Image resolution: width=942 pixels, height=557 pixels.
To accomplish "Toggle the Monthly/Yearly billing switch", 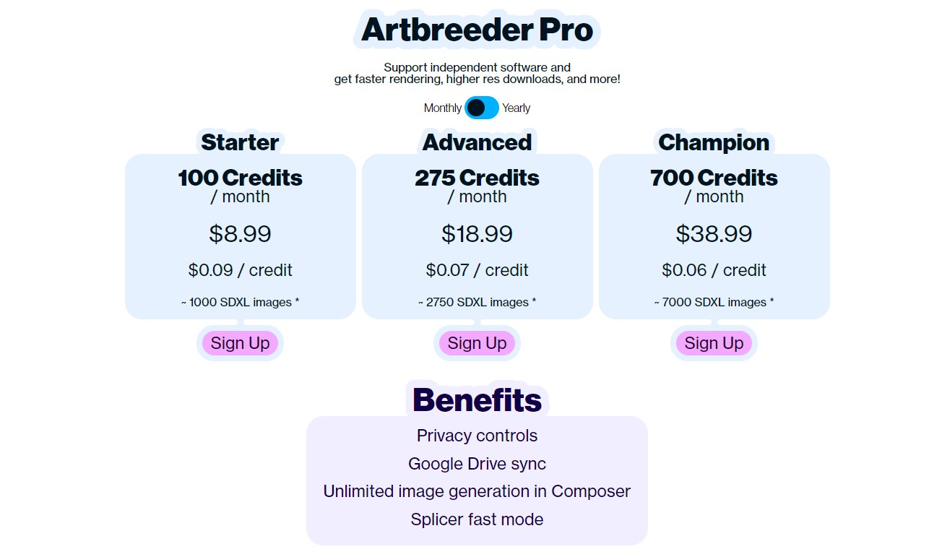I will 482,108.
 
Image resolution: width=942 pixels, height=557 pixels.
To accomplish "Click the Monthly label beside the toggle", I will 442,108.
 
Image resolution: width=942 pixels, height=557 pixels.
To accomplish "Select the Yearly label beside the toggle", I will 516,108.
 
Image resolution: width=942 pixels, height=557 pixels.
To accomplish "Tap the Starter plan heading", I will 240,142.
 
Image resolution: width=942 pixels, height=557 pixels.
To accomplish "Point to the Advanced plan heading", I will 477,142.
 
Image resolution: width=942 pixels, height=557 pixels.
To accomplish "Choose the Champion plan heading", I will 714,142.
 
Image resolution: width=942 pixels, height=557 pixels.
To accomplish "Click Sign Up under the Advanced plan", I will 477,343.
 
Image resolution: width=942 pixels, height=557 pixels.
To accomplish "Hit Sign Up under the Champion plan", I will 714,343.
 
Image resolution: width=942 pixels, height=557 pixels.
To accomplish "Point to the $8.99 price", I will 240,233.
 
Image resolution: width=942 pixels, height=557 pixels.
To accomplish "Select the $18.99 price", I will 477,233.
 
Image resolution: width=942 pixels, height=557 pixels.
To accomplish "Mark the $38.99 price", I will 714,233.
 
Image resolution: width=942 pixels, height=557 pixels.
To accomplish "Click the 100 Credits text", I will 240,178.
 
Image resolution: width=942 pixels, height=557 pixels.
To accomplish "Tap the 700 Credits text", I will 714,178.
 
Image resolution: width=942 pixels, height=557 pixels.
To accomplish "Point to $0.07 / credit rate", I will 477,270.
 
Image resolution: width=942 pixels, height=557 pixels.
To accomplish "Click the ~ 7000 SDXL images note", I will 714,302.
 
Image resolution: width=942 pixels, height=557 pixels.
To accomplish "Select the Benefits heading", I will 477,400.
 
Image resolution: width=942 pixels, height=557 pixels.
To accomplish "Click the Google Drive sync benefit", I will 477,464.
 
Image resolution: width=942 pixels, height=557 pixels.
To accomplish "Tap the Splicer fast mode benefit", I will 477,519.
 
